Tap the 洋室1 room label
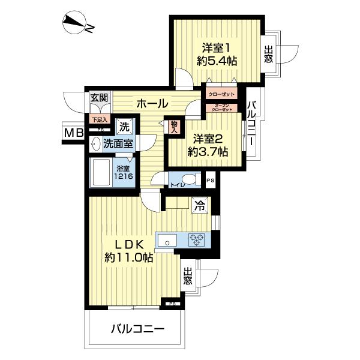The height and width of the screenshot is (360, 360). pyautogui.click(x=215, y=47)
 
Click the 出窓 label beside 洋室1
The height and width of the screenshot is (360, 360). pyautogui.click(x=268, y=55)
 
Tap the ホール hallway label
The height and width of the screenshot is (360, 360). pyautogui.click(x=152, y=103)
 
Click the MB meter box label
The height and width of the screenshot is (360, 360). pyautogui.click(x=73, y=133)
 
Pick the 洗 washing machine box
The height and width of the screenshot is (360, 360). pyautogui.click(x=124, y=127)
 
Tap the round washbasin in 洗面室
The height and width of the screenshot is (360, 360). pyautogui.click(x=95, y=143)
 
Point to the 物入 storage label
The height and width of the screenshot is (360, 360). pyautogui.click(x=174, y=125)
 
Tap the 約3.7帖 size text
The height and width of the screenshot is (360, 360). pyautogui.click(x=208, y=152)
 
